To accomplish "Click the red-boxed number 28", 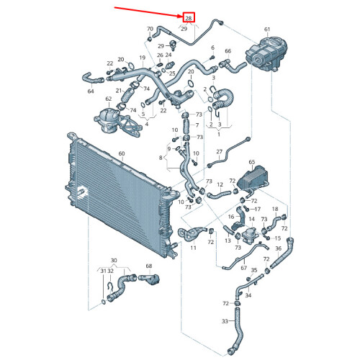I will [x=189, y=17].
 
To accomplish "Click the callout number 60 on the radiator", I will [x=122, y=153].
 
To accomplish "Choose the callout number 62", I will [x=109, y=99].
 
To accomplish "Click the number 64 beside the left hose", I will [x=91, y=91].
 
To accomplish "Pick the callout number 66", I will [x=228, y=51].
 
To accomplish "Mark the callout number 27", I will [x=219, y=152].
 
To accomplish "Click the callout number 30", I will [x=114, y=260].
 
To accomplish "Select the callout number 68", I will [x=150, y=266].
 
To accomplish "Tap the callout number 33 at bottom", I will [x=225, y=321].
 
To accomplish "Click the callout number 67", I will [x=244, y=268].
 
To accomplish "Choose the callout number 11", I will [x=193, y=248].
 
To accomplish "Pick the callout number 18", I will [x=274, y=208].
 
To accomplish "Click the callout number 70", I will [x=150, y=30].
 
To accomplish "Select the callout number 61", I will [x=266, y=30].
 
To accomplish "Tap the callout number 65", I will [x=252, y=163].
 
